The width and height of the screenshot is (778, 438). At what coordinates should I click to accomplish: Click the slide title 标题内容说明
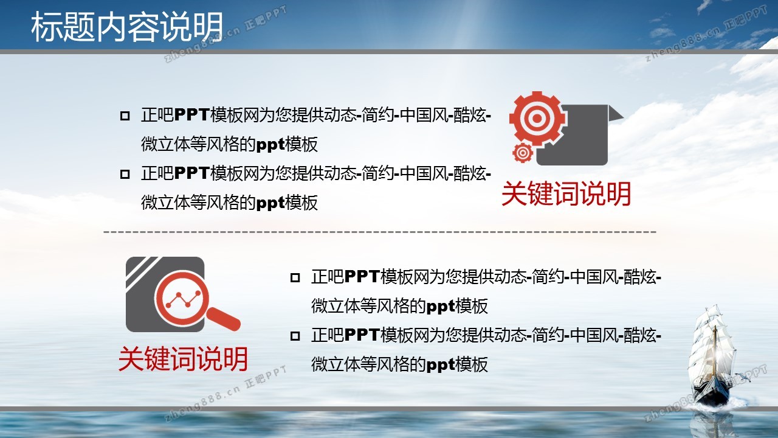point(127,27)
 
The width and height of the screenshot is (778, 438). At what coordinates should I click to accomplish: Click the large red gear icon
point(537,118)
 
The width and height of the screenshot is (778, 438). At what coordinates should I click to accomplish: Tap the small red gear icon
point(523,153)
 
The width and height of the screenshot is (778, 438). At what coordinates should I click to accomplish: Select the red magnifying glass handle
point(224,319)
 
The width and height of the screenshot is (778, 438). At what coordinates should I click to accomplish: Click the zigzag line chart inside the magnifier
point(184,299)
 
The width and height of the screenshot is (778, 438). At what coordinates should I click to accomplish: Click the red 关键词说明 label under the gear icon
point(566,193)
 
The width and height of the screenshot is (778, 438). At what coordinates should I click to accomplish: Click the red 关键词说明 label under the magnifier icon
point(183,359)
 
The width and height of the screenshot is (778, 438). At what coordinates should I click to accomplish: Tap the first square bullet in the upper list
point(125,116)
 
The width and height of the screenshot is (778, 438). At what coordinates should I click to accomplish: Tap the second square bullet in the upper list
point(125,174)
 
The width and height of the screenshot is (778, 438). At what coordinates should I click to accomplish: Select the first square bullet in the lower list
point(295,278)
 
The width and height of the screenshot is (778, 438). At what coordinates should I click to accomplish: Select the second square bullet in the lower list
point(295,336)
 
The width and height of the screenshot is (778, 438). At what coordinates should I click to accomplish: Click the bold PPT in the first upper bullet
point(191,115)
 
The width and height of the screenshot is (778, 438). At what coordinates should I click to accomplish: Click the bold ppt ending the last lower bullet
point(440,365)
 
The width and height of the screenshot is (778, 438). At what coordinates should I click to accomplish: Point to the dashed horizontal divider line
point(380,232)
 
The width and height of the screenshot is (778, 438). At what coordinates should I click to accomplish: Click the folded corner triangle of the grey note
point(616,114)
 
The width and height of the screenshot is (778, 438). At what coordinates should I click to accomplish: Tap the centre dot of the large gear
point(537,118)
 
